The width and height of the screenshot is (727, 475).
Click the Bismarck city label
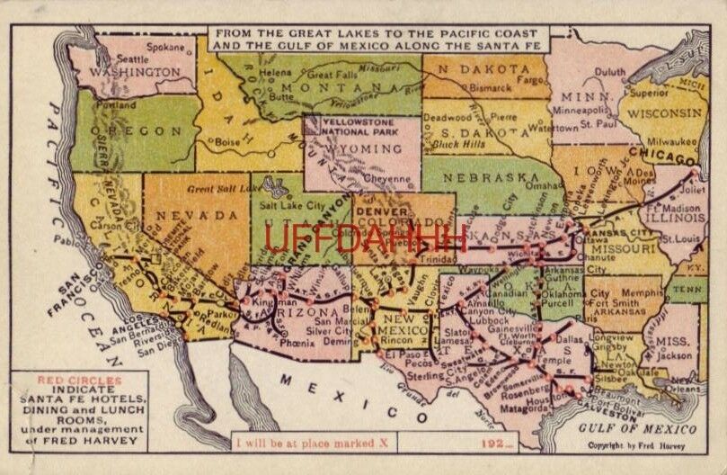(498, 89)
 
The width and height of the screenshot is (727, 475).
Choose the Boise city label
(227, 140)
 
